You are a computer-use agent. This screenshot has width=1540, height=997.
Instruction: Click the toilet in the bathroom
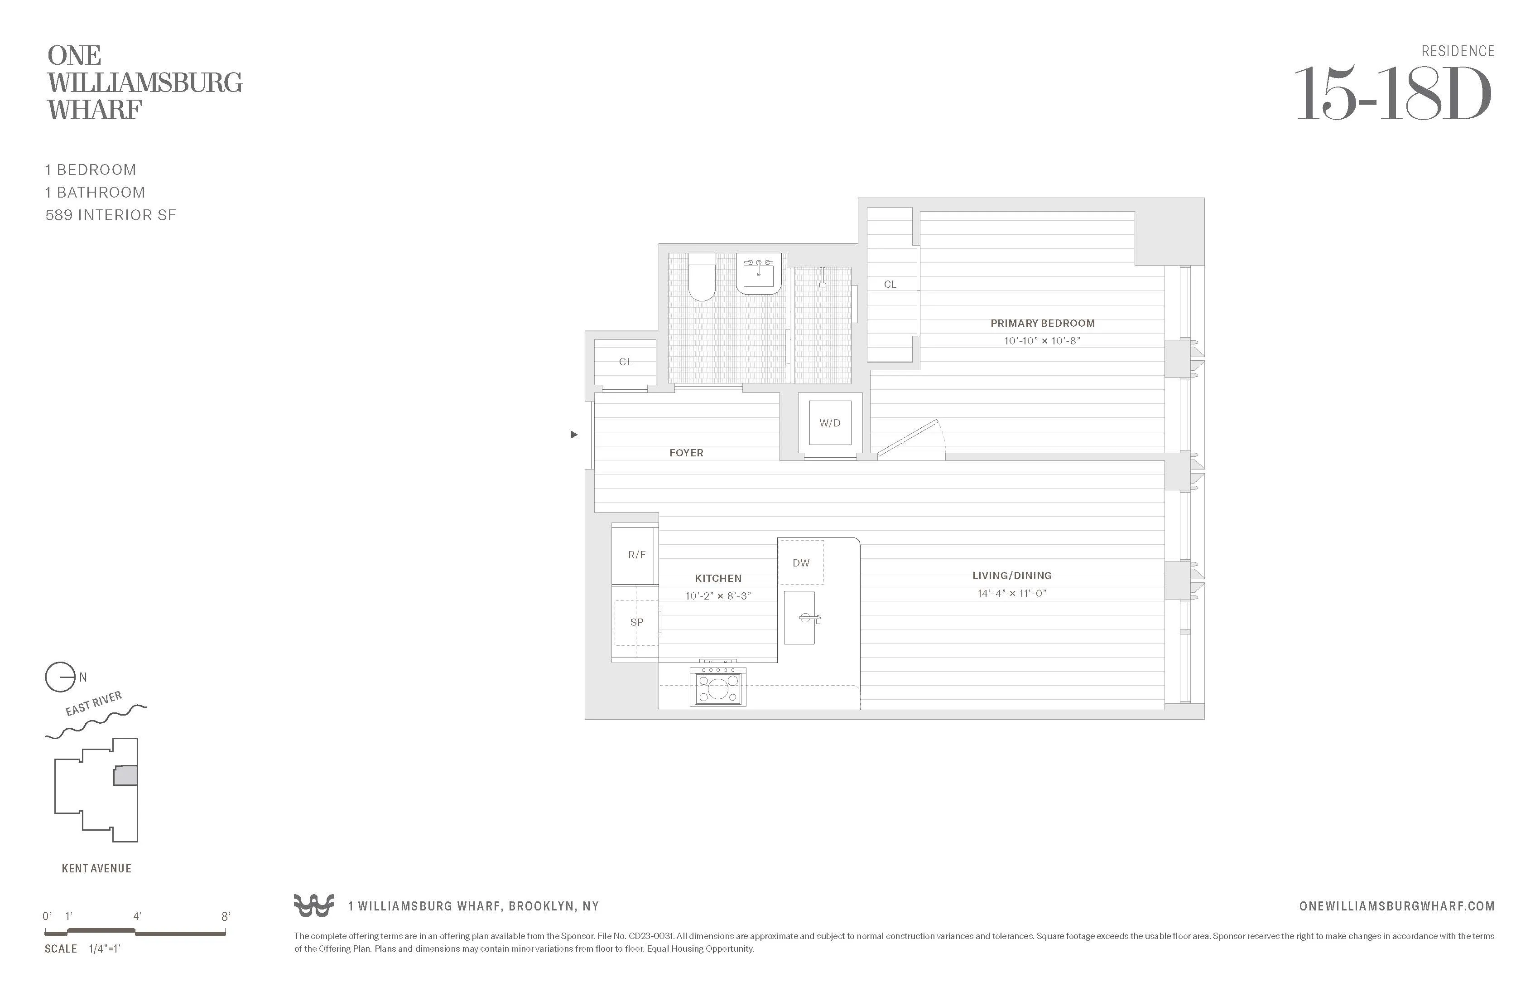[702, 278]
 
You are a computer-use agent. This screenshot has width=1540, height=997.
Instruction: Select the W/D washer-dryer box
[830, 423]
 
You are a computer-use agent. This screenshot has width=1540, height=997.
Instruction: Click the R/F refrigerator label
[637, 555]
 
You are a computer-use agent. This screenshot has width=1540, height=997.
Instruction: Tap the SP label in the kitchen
[637, 622]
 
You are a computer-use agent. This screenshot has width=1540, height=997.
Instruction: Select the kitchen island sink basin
[800, 618]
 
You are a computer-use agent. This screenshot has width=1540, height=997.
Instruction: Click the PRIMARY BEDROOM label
[1042, 323]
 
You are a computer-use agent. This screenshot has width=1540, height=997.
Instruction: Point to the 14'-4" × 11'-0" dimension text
[1012, 593]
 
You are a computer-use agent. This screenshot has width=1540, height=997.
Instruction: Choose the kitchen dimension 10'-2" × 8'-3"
[718, 595]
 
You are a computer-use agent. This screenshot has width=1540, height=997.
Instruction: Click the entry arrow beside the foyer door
[573, 435]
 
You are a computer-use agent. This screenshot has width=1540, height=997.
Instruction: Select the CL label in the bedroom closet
[890, 284]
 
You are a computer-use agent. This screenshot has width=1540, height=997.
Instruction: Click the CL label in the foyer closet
[625, 362]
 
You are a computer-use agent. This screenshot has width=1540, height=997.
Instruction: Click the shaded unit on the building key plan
[125, 775]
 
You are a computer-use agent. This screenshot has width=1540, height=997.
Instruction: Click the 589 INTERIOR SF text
[111, 215]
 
